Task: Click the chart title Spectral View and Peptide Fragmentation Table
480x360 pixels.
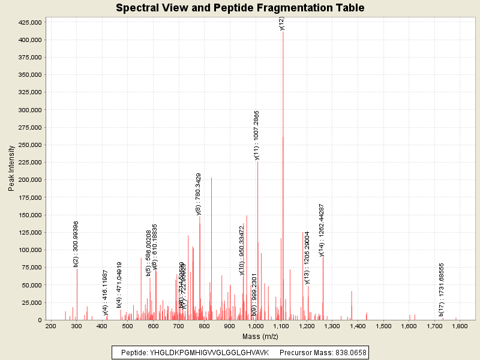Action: click(x=240, y=8)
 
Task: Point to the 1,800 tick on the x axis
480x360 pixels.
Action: click(x=460, y=326)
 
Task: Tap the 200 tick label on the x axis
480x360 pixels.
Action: click(x=51, y=326)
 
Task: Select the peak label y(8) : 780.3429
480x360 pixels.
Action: click(x=199, y=194)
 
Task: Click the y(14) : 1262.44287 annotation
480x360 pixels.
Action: click(x=322, y=230)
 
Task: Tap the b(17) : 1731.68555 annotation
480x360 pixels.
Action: click(x=441, y=289)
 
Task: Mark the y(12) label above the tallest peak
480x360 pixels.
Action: click(x=282, y=23)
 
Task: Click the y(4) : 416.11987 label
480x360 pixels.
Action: click(x=106, y=292)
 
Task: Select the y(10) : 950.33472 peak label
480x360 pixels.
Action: click(x=242, y=250)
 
